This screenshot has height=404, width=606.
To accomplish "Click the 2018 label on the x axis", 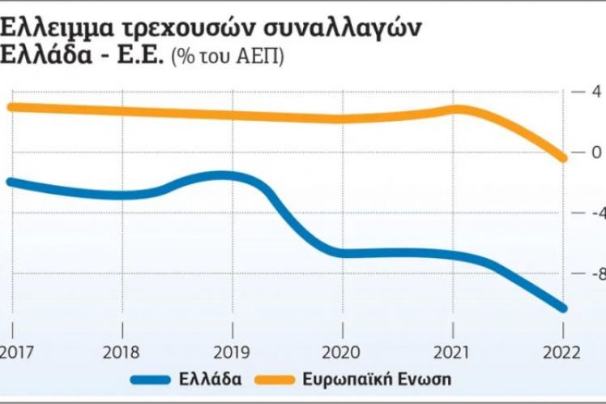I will click(x=122, y=353).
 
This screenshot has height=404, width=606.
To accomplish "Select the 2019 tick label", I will click(x=233, y=353).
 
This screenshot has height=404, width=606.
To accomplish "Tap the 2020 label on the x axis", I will click(x=342, y=353).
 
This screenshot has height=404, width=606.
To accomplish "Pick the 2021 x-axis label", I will click(x=452, y=353).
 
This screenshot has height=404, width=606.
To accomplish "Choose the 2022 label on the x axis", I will click(x=561, y=353).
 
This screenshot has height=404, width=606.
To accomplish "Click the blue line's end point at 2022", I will click(x=561, y=307).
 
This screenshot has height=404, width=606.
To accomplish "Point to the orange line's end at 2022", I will click(x=561, y=157).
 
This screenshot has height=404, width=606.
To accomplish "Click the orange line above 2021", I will click(x=454, y=110).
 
